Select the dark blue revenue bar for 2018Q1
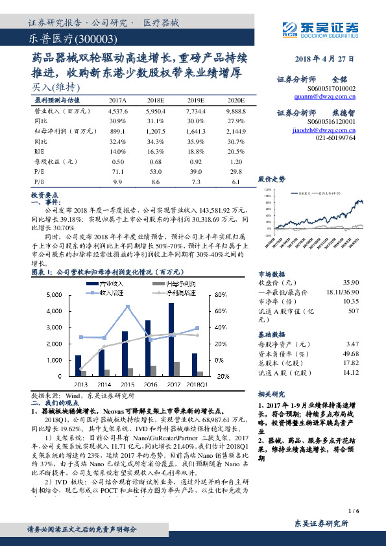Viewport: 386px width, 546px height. (195, 364)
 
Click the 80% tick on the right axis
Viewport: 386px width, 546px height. (221, 295)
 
